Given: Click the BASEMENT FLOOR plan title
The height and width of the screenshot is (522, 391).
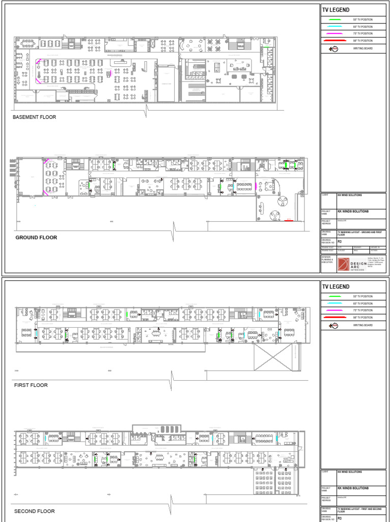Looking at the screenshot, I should tap(34, 117).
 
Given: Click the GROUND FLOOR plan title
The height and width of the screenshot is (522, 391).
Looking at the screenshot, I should tap(36, 238).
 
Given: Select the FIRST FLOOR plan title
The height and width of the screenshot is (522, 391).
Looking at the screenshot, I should tap(31, 385).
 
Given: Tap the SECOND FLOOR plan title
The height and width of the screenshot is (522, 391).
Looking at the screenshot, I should tap(34, 511).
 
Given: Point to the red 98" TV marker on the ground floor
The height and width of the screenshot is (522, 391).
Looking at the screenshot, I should tap(289, 221).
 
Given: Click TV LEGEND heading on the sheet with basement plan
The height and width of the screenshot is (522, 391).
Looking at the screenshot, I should tap(336, 10).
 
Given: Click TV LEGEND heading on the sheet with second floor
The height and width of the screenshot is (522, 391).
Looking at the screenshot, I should tap(336, 287).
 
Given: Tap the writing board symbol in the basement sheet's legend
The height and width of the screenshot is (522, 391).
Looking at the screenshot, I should tap(334, 49).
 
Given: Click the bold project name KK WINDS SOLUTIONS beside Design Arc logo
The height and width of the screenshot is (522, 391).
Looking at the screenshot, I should tap(353, 211).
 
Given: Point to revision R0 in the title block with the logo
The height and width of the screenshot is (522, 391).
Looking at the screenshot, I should tap(340, 242).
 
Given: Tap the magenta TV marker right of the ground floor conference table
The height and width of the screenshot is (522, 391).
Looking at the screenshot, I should tap(255, 187).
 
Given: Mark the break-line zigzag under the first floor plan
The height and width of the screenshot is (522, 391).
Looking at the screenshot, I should tap(173, 378).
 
